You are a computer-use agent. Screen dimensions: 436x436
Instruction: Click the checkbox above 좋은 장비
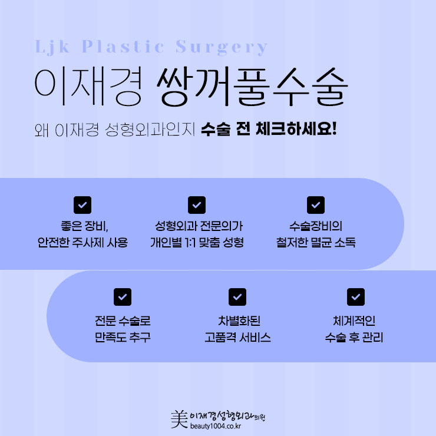(x=82, y=205)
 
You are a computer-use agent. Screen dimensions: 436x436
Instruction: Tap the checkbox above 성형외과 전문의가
(x=197, y=205)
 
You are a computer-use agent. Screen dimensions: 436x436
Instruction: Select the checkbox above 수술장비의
(x=316, y=205)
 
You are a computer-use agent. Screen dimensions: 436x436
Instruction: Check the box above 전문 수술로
(x=123, y=297)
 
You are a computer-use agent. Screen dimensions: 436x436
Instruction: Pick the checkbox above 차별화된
(x=237, y=297)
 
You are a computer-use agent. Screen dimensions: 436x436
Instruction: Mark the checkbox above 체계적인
(x=356, y=297)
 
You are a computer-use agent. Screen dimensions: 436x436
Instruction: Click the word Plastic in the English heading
(x=123, y=46)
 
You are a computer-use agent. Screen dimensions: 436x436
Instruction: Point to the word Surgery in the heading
(x=222, y=47)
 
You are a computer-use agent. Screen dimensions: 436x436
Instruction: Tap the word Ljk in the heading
(x=52, y=47)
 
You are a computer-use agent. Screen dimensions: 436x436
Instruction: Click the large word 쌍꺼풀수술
(x=252, y=86)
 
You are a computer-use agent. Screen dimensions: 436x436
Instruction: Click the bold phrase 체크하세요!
(x=296, y=129)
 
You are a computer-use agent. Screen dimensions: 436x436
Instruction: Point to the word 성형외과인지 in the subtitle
(x=150, y=130)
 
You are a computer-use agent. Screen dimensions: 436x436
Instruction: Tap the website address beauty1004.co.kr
(x=216, y=426)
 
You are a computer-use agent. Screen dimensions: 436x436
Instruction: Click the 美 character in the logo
(x=179, y=419)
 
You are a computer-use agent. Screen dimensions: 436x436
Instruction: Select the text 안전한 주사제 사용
(x=82, y=242)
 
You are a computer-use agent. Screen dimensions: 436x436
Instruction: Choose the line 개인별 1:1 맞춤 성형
(x=197, y=242)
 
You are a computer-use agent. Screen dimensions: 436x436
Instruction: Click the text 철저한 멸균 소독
(x=316, y=242)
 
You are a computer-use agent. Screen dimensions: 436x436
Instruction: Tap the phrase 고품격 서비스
(x=237, y=337)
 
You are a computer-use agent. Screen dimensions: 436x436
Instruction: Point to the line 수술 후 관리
(x=354, y=337)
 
